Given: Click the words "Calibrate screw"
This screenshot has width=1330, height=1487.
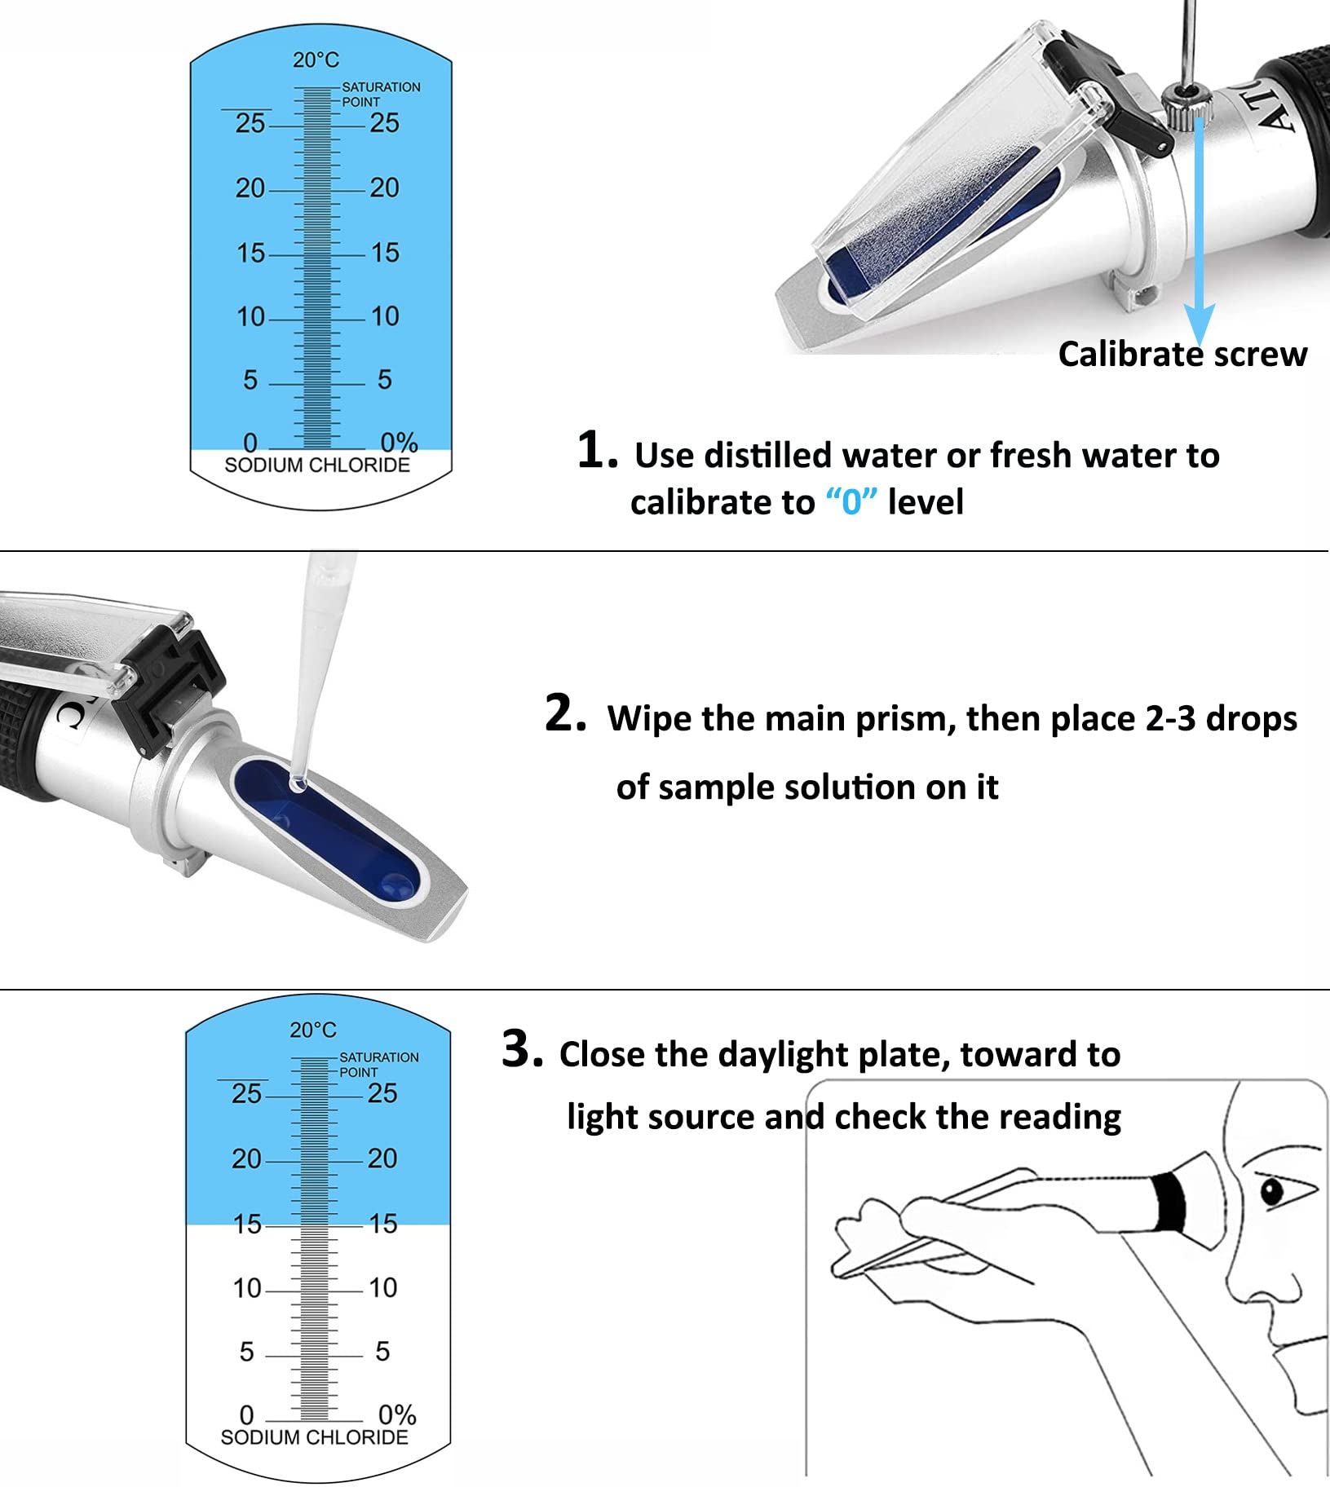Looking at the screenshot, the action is (1182, 355).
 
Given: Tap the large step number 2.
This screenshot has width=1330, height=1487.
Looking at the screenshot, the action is (565, 713).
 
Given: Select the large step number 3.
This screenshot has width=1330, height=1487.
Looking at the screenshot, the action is (523, 1048).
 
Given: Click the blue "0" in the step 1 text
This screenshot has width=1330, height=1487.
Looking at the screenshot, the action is (851, 501).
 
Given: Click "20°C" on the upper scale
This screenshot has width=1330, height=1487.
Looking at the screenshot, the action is (316, 60).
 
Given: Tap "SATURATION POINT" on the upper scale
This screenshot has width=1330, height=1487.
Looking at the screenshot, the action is (381, 94).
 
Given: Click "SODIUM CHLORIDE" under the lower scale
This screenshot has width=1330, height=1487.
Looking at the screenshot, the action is (314, 1436).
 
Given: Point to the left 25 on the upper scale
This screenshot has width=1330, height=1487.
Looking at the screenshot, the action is (250, 123).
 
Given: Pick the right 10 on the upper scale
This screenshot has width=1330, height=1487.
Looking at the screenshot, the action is (385, 316).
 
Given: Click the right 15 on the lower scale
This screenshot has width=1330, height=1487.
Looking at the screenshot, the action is (382, 1224).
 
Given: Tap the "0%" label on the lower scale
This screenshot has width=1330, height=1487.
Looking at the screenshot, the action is (397, 1414).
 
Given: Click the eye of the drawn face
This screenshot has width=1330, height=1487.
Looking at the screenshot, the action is (1272, 1193).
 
